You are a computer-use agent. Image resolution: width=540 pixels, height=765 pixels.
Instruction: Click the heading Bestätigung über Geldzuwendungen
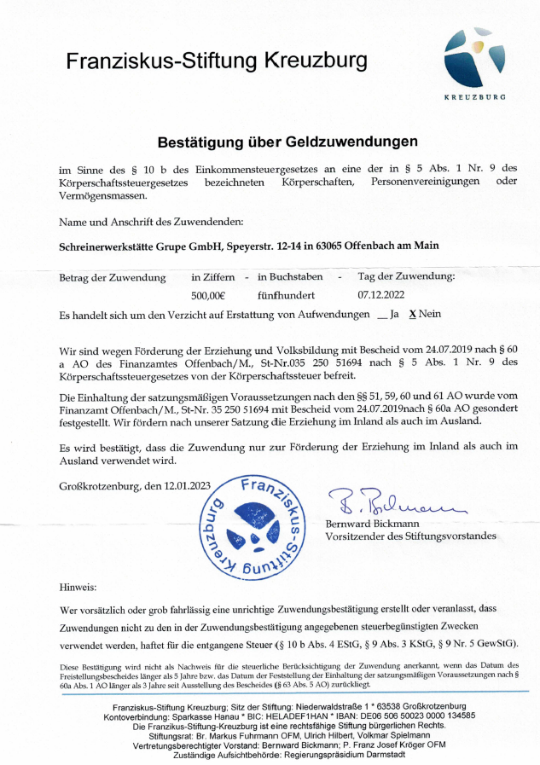pos(287,142)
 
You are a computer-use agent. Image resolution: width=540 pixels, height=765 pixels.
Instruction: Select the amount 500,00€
pos(208,295)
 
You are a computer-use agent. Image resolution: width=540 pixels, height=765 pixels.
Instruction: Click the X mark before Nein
pos(412,314)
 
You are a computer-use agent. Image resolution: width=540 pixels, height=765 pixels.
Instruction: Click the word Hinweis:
pos(78,588)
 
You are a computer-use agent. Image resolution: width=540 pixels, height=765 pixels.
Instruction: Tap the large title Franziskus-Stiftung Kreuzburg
pos(217,61)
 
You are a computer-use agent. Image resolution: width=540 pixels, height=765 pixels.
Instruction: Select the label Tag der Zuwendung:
pos(406,277)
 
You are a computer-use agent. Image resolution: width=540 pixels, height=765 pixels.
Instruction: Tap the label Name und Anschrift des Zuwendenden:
pos(151,222)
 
